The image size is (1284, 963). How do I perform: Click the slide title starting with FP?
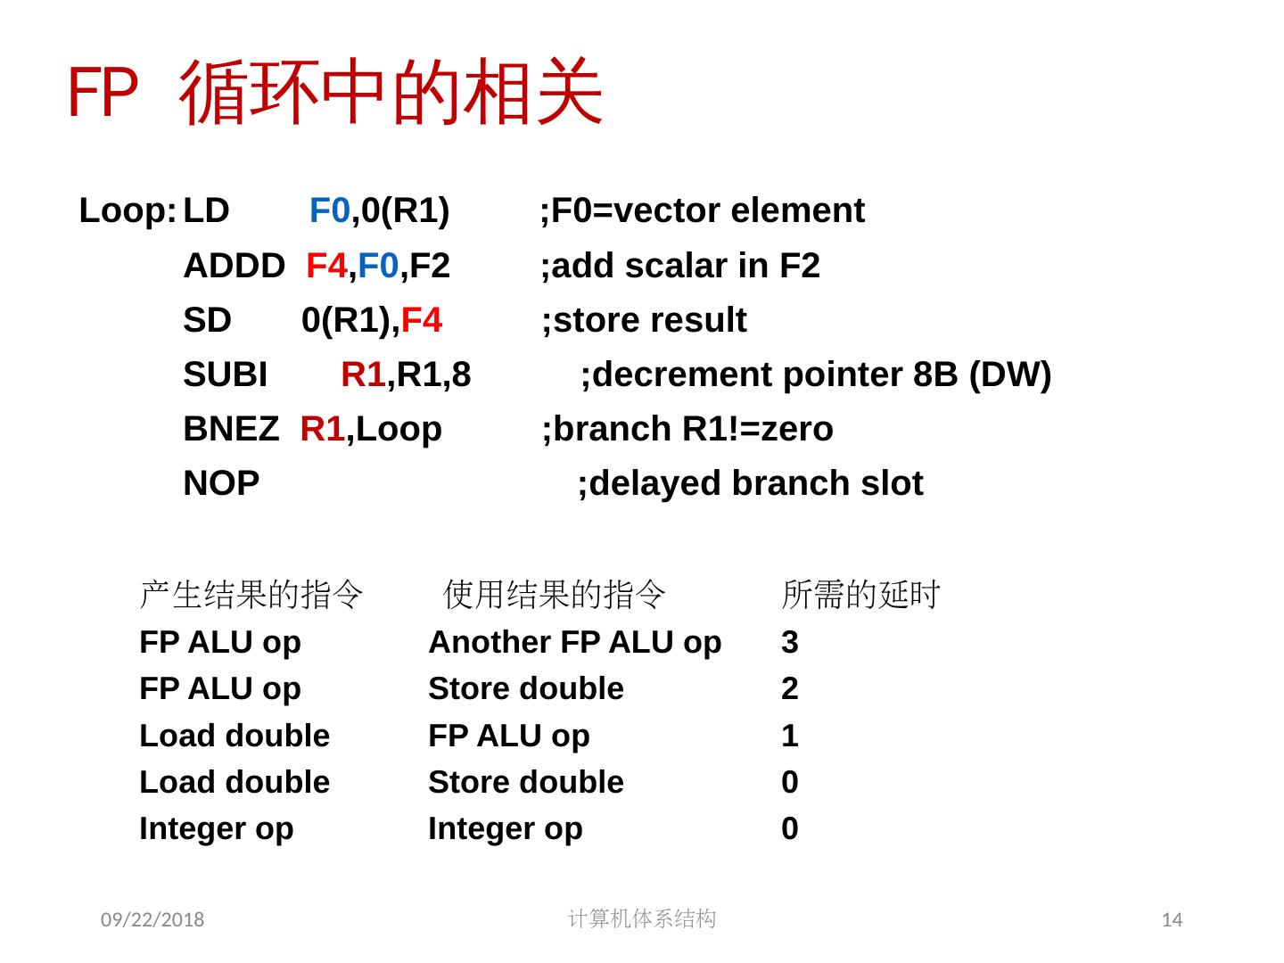[x=335, y=93]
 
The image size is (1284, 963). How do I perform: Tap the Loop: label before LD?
[x=128, y=211]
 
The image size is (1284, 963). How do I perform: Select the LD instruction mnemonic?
[x=206, y=211]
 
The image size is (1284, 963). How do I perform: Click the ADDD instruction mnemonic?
[x=234, y=266]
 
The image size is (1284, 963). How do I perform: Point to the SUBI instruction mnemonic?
[x=225, y=374]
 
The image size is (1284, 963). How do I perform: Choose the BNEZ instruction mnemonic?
[x=230, y=429]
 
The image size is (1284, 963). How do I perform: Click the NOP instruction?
[x=221, y=483]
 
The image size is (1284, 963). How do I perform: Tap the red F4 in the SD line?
[x=421, y=320]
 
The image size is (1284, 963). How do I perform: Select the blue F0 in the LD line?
[x=329, y=211]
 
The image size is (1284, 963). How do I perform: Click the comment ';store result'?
[x=645, y=320]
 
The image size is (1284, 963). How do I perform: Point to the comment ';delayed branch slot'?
[x=750, y=483]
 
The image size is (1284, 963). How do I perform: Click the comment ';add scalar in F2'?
[x=680, y=266]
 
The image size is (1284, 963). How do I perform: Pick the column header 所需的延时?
[x=860, y=594]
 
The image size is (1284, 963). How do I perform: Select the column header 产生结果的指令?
[x=251, y=594]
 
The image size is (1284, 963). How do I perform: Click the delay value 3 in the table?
[x=789, y=642]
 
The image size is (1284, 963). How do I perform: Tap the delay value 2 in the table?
[x=789, y=688]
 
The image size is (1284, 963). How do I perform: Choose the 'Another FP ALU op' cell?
[x=574, y=642]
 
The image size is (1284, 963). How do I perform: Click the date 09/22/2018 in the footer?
[x=152, y=919]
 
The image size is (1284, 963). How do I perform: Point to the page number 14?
[x=1173, y=919]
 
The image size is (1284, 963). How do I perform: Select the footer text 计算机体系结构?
[x=641, y=918]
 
